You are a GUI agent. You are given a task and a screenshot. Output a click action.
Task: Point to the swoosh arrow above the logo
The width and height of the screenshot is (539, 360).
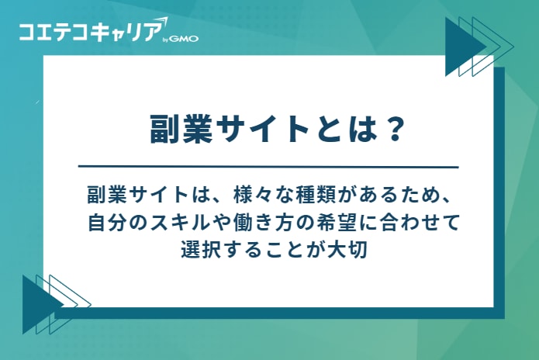[159, 20]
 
